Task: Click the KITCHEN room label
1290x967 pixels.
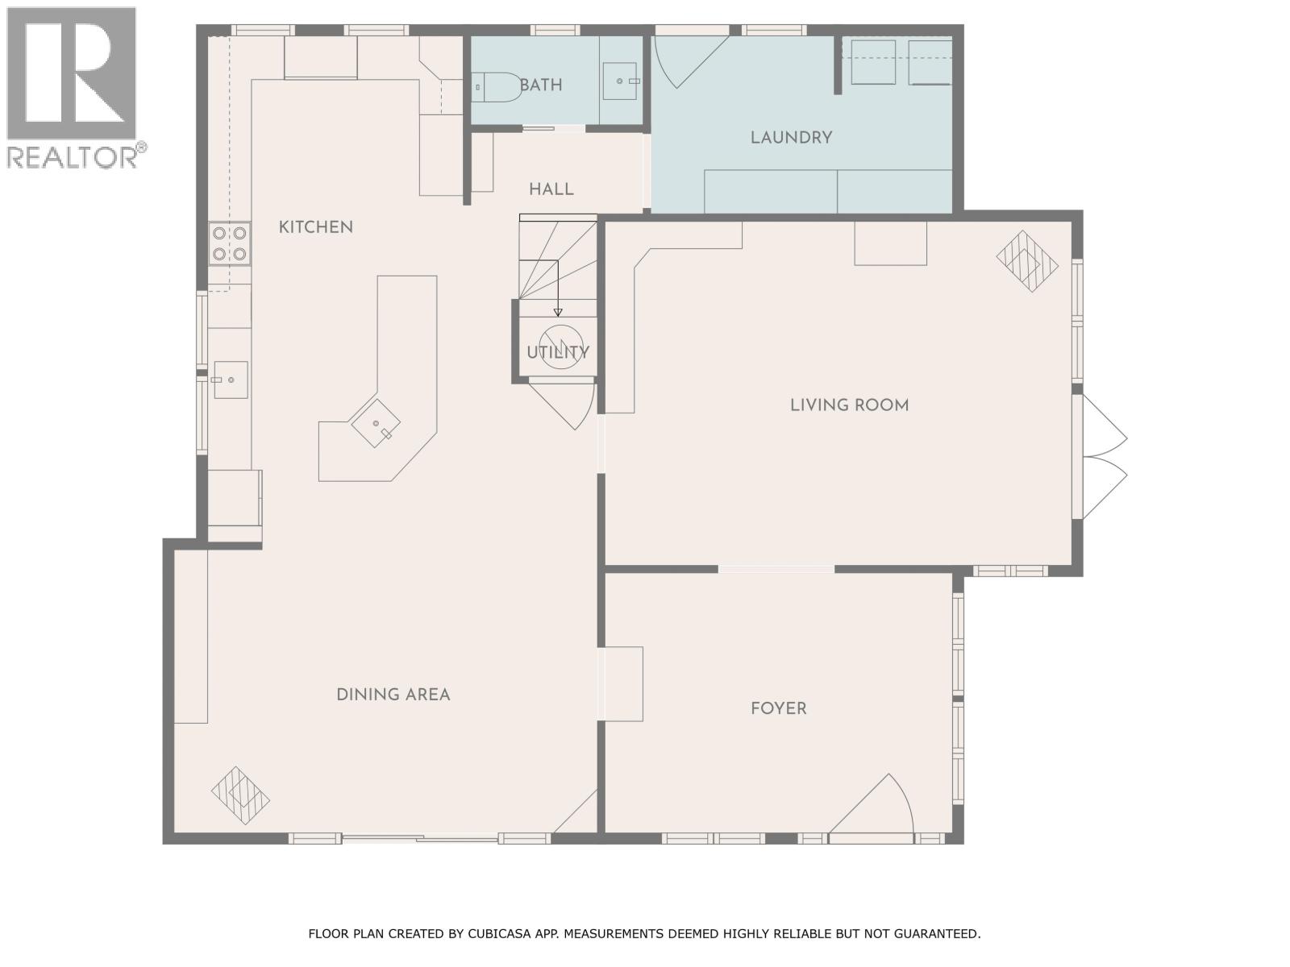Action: pyautogui.click(x=315, y=227)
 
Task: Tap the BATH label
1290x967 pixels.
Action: pyautogui.click(x=541, y=85)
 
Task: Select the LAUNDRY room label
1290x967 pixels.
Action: pyautogui.click(x=791, y=138)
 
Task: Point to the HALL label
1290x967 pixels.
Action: pyautogui.click(x=551, y=189)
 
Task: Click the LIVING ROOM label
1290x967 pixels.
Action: pyautogui.click(x=849, y=405)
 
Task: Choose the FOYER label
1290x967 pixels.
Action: pyautogui.click(x=778, y=708)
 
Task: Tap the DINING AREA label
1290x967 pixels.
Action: pyautogui.click(x=393, y=695)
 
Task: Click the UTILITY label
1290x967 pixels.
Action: pyautogui.click(x=558, y=352)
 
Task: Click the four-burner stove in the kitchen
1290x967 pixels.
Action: pyautogui.click(x=229, y=244)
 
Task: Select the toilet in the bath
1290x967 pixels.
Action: pyautogui.click(x=496, y=86)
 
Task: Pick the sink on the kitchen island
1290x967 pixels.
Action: pyautogui.click(x=377, y=424)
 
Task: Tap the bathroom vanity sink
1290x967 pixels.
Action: pyautogui.click(x=620, y=81)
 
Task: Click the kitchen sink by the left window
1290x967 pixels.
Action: pyautogui.click(x=230, y=380)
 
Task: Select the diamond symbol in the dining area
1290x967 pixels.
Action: pyautogui.click(x=240, y=795)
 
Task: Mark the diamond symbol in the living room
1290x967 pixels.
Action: pyautogui.click(x=1026, y=260)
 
